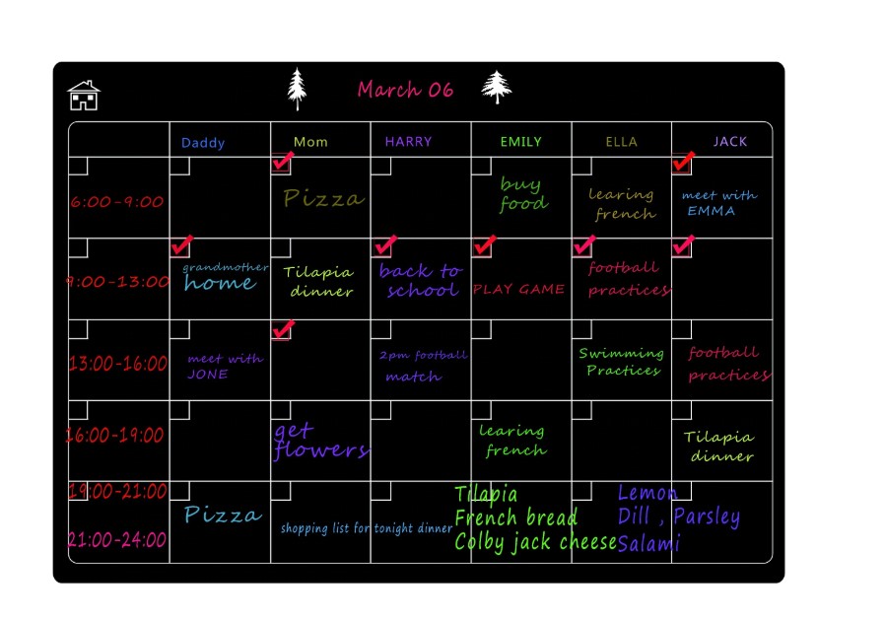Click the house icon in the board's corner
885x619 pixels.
(x=84, y=95)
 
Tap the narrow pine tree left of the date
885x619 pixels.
(x=297, y=89)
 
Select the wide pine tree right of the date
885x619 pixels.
(x=497, y=88)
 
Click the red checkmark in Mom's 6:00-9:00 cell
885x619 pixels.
(x=283, y=161)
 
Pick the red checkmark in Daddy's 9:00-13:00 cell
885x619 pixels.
(x=181, y=244)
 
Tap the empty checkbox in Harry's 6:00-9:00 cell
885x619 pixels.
(x=381, y=166)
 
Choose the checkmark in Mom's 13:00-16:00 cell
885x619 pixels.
(x=283, y=329)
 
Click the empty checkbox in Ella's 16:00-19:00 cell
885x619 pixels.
(x=581, y=410)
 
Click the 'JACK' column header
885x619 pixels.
(x=730, y=142)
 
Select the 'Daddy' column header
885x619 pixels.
(x=203, y=143)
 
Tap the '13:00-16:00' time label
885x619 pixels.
(x=118, y=363)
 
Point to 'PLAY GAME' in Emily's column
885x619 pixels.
(x=518, y=290)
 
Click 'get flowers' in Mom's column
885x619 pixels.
(x=320, y=442)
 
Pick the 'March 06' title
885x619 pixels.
(x=405, y=89)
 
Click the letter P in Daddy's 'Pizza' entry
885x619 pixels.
(x=192, y=515)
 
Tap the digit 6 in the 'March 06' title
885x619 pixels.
(x=446, y=90)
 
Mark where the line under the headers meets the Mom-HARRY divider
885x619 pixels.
(x=371, y=157)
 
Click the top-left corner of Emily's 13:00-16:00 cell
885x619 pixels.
(x=471, y=319)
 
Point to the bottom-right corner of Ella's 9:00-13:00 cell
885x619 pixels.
(x=672, y=319)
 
